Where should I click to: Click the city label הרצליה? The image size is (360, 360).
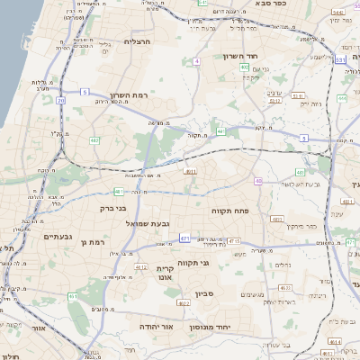tap(142, 41)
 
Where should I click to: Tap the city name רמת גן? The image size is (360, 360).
tap(92, 241)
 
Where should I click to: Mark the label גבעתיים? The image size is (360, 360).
tap(58, 236)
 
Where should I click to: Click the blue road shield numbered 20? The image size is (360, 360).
tap(61, 101)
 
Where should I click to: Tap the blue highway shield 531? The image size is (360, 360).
tap(340, 58)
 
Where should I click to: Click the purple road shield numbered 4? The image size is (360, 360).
tap(196, 61)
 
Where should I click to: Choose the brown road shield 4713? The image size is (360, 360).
tap(235, 241)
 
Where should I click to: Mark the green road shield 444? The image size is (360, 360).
tap(343, 98)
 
